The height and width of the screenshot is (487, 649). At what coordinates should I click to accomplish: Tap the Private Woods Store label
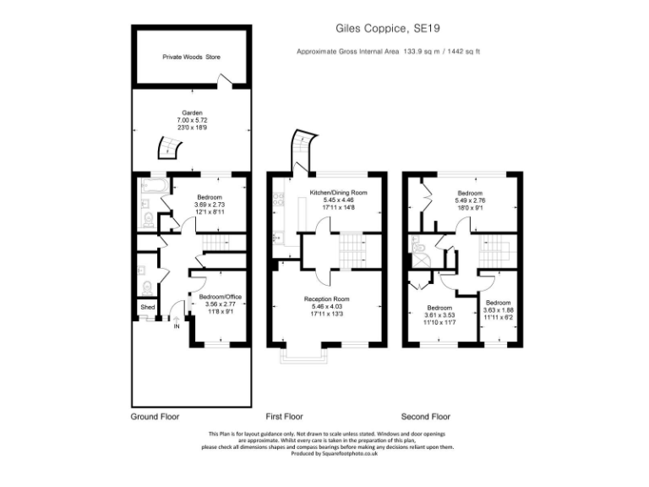click(x=191, y=57)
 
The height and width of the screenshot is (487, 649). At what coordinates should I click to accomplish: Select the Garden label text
click(x=191, y=113)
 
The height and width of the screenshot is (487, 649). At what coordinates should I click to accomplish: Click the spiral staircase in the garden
click(x=170, y=150)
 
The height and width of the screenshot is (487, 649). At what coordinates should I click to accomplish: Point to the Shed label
click(x=147, y=307)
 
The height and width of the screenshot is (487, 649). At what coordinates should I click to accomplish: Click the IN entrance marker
click(x=177, y=326)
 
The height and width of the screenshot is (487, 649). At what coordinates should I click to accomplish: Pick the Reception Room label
click(x=326, y=299)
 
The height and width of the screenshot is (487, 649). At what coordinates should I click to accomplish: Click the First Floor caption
click(x=284, y=417)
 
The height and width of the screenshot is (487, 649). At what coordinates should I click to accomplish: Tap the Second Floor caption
click(x=425, y=417)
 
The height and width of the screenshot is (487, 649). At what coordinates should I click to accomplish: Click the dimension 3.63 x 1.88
click(x=498, y=310)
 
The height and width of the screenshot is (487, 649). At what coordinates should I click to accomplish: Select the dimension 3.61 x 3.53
click(x=439, y=315)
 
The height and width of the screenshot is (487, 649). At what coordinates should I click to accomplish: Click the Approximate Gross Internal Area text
click(x=388, y=52)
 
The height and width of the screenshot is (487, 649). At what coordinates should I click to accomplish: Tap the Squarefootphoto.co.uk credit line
click(x=330, y=453)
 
